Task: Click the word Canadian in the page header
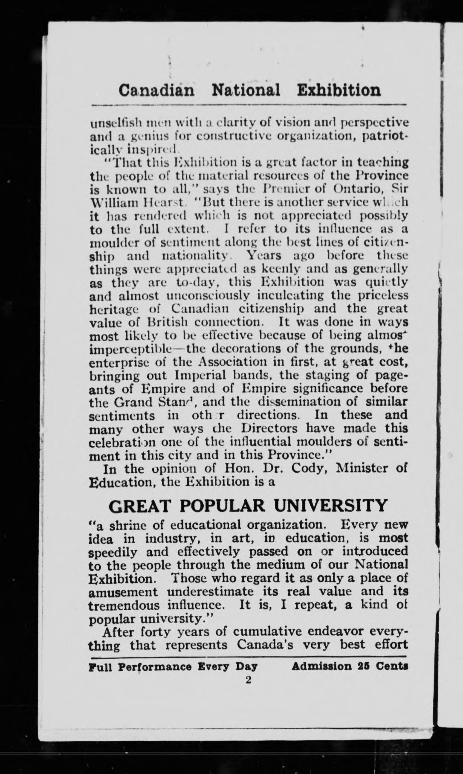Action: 157,90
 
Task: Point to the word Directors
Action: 264,428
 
